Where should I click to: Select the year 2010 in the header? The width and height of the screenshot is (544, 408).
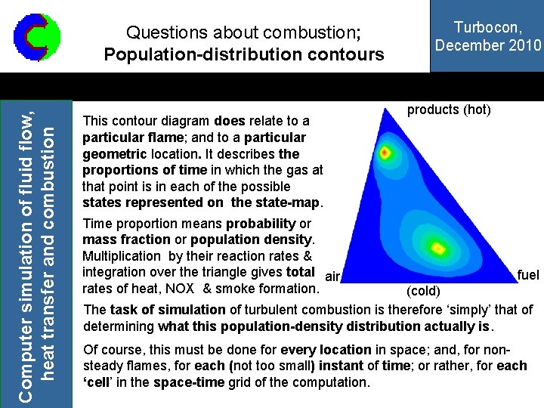[x=524, y=45]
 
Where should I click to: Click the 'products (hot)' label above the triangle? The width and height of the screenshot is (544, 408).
[x=449, y=110]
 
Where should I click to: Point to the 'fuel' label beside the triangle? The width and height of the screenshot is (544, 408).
[x=528, y=275]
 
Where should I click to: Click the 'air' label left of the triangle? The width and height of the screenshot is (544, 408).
[x=332, y=277]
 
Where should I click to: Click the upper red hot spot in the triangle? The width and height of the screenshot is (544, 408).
[x=385, y=153]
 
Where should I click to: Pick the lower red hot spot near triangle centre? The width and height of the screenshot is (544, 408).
[x=438, y=247]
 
